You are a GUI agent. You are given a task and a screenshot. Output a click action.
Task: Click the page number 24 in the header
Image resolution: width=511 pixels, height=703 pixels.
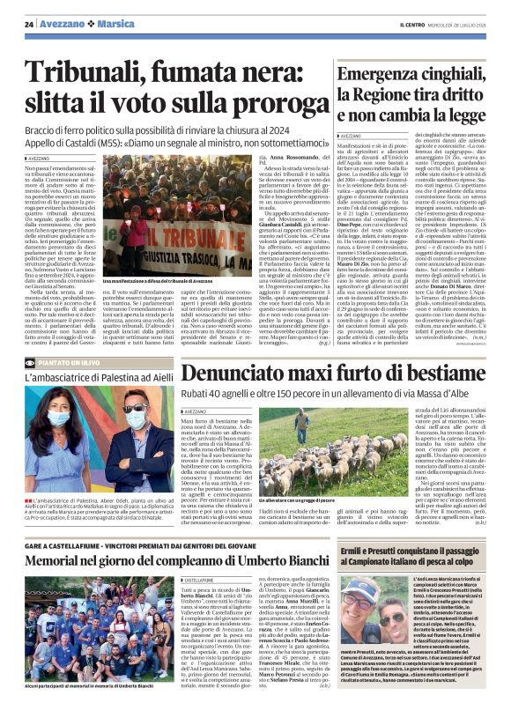click(28, 24)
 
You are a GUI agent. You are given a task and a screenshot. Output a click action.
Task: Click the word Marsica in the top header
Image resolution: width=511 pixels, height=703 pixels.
click(116, 24)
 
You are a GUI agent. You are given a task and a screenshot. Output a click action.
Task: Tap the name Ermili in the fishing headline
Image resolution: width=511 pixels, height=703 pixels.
click(364, 551)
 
